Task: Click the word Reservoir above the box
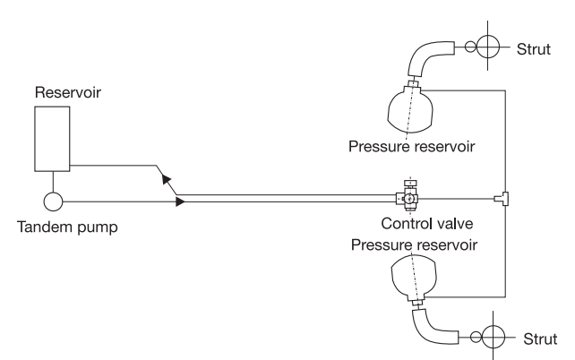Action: point(68,92)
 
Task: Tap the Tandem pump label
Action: point(67,227)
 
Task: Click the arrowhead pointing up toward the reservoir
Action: point(167,180)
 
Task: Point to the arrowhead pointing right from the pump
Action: point(180,201)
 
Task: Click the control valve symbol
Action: point(408,198)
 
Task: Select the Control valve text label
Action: point(427,224)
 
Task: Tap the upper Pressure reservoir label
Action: point(411,146)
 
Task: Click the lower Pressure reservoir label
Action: point(414,244)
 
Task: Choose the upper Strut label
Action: point(534,49)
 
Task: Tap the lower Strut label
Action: point(540,339)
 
